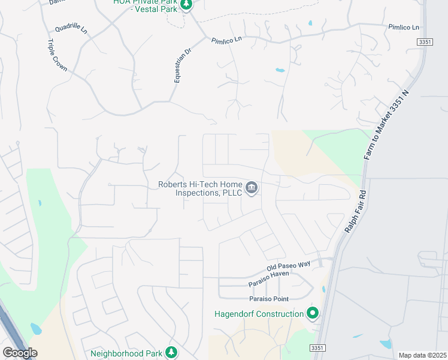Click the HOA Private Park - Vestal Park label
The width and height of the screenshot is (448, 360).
pyautogui.click(x=146, y=5)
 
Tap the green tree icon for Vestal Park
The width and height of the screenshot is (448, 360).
pyautogui.click(x=187, y=5)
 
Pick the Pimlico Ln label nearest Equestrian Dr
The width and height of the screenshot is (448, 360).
pyautogui.click(x=226, y=40)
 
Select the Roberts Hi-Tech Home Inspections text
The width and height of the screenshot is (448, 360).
pyautogui.click(x=199, y=188)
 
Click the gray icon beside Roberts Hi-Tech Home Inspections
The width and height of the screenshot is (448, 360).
pyautogui.click(x=252, y=189)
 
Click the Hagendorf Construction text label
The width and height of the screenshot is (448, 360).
pyautogui.click(x=259, y=314)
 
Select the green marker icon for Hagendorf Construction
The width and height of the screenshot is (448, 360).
pyautogui.click(x=312, y=313)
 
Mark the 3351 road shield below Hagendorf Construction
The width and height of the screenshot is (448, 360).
pyautogui.click(x=317, y=348)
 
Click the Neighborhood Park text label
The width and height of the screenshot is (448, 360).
pyautogui.click(x=126, y=353)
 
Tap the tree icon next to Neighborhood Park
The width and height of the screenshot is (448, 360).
pyautogui.click(x=172, y=352)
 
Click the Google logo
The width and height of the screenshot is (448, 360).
pyautogui.click(x=20, y=353)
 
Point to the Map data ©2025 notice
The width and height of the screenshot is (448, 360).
pyautogui.click(x=422, y=355)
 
